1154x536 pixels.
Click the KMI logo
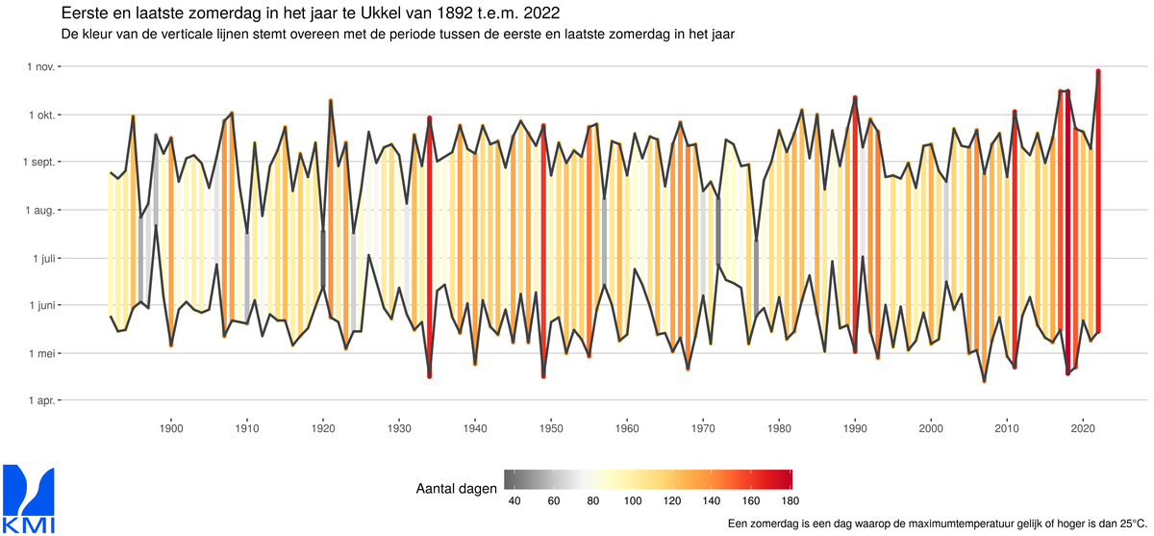point(30,498)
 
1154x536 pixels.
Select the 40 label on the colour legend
point(513,500)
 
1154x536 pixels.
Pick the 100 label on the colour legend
point(632,500)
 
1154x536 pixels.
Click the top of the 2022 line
point(1098,71)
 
